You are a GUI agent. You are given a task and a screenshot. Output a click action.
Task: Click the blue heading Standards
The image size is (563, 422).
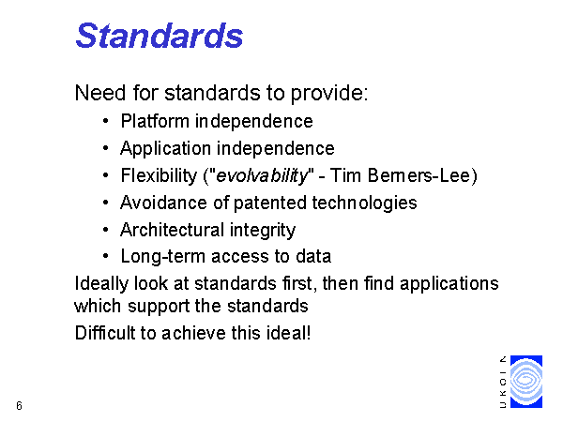pos(160,36)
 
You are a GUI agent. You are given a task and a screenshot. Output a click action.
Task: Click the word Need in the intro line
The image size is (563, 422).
pos(100,93)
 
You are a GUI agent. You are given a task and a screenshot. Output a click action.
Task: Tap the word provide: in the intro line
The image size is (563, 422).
pos(329,93)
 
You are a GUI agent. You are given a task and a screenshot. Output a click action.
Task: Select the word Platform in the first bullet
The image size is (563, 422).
pos(155,121)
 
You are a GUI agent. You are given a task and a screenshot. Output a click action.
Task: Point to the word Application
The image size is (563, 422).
pos(165,148)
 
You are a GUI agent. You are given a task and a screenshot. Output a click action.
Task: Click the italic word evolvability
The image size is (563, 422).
pos(263,176)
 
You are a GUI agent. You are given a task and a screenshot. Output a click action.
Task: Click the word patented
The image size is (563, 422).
pos(271,203)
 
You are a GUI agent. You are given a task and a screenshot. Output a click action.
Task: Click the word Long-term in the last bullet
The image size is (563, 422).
pos(163,257)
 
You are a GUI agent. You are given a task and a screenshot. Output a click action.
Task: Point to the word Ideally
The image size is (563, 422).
pos(101,284)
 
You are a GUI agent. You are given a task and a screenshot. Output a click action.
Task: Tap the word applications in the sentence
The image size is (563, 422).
pos(449,284)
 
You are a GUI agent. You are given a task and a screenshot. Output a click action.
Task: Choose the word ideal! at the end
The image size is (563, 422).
pos(288,333)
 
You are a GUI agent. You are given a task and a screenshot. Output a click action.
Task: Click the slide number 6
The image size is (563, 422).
pos(19,405)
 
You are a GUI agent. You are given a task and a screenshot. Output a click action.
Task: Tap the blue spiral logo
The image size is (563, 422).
pos(526,382)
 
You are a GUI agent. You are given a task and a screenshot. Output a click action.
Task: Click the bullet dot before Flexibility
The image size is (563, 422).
pos(105,175)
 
